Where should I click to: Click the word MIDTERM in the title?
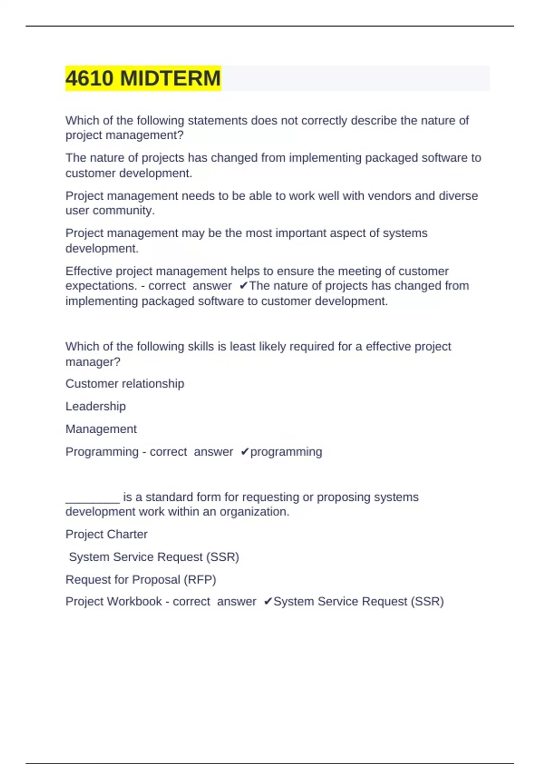(x=171, y=78)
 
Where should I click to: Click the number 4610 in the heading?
(x=90, y=78)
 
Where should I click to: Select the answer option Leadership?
(x=95, y=406)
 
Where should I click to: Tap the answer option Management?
(x=101, y=429)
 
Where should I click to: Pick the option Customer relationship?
(x=125, y=384)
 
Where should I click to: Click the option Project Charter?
(x=106, y=534)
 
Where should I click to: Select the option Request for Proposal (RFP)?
(x=141, y=580)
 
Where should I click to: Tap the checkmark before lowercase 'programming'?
(x=244, y=452)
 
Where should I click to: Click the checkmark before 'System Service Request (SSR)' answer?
(x=268, y=601)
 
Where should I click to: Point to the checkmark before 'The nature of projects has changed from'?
(x=243, y=286)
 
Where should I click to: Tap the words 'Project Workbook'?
(x=113, y=601)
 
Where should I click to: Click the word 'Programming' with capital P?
(x=102, y=452)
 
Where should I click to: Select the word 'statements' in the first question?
(x=217, y=120)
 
